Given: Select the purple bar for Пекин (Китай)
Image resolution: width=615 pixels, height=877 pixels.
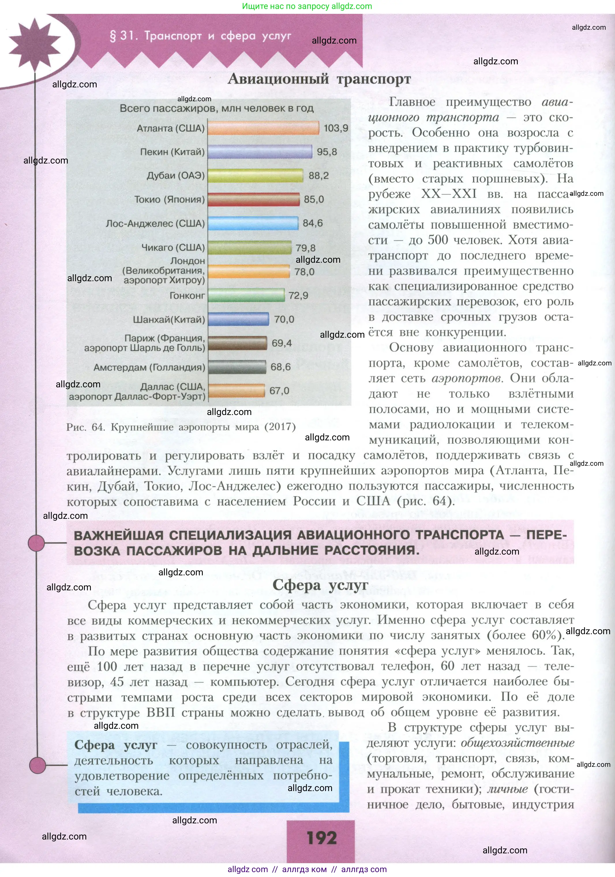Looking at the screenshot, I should (260, 152).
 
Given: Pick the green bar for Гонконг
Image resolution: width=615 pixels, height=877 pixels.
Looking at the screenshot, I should (246, 295).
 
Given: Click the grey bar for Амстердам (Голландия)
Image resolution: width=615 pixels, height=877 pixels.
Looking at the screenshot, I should (237, 367).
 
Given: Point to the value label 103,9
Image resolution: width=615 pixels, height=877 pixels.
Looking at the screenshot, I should (336, 128).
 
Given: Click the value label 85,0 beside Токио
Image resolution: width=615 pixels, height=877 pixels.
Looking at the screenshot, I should (314, 199).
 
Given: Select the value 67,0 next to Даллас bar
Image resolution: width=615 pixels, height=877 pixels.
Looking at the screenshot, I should (279, 391).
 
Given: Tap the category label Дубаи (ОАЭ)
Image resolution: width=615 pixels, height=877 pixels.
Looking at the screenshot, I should (176, 176).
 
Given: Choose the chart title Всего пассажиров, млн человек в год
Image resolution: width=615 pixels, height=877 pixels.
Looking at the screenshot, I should (217, 108).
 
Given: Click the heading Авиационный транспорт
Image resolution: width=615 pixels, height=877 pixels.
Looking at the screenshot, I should (319, 79).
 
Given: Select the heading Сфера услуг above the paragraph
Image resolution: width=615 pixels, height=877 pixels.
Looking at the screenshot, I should (320, 585).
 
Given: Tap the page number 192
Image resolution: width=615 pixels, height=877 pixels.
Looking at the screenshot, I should (321, 838).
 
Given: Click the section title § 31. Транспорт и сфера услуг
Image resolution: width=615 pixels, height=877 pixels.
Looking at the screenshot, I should (200, 36).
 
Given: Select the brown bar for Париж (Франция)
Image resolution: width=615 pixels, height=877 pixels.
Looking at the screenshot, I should (237, 343).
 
